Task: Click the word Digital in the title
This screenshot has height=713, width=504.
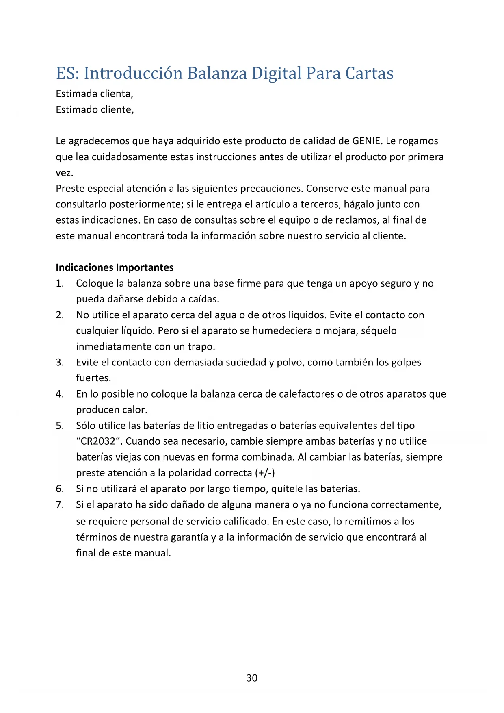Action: click(276, 74)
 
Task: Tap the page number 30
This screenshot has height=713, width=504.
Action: click(252, 678)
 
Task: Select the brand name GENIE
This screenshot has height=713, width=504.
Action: click(367, 141)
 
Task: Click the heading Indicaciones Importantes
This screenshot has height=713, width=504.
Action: click(115, 267)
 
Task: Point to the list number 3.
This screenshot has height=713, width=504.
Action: click(60, 362)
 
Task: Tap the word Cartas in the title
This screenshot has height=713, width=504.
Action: click(369, 74)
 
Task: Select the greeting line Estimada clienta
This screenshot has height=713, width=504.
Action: click(94, 94)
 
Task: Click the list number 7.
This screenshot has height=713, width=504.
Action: click(60, 505)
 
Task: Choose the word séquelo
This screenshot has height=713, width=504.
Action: click(379, 331)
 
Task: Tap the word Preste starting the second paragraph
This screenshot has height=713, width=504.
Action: click(70, 189)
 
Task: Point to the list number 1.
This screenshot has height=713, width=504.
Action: click(60, 283)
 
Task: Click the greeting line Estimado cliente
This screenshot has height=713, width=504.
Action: click(95, 110)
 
